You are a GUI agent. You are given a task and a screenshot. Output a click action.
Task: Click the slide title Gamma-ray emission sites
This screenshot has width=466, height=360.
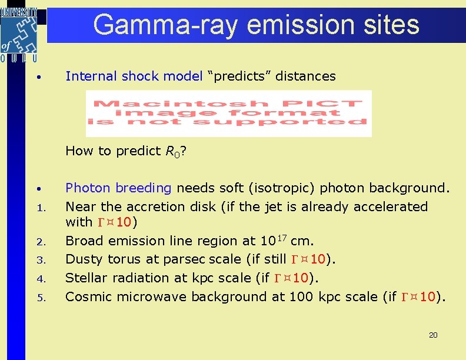pos(256,25)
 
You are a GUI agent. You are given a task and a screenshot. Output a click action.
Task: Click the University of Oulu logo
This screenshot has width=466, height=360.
pos(19,34)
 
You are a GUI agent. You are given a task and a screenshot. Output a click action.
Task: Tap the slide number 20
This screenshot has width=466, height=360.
pos(433,335)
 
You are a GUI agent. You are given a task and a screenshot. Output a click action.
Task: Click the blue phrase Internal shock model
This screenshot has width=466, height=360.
pos(134,76)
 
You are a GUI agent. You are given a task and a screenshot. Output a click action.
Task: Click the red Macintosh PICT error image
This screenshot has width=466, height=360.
pos(228,113)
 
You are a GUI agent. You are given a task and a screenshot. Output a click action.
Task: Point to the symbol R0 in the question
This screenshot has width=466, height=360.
pos(170,151)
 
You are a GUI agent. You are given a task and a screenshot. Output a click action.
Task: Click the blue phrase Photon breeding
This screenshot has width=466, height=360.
pos(118,188)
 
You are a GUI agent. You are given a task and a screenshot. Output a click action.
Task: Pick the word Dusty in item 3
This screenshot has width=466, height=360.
pos(82,259)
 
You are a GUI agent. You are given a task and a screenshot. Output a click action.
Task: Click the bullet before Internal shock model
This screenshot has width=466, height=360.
pos(37,77)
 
